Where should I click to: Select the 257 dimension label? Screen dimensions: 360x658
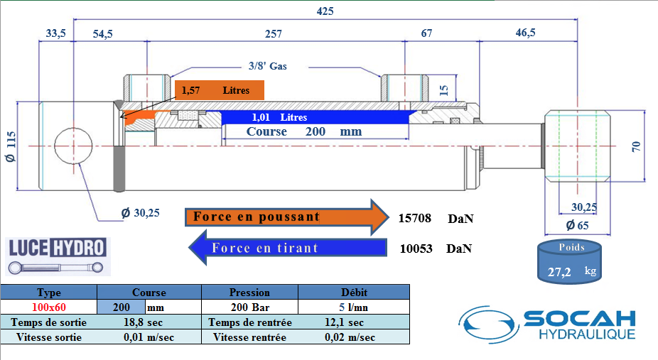(x=273, y=34)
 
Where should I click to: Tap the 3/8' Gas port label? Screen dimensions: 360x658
(x=267, y=66)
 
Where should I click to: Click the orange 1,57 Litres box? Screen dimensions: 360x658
(x=219, y=90)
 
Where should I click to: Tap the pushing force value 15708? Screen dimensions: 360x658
(x=416, y=218)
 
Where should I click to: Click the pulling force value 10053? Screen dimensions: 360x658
(x=416, y=249)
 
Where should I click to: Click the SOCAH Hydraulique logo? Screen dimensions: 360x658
(x=547, y=324)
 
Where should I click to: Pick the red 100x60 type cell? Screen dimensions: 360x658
(x=48, y=307)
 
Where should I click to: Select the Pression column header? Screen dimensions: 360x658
(x=249, y=292)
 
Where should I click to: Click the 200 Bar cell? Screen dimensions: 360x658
(x=249, y=307)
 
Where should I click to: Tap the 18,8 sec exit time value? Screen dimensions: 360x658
(x=148, y=322)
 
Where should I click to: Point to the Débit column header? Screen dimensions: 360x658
(x=353, y=292)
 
